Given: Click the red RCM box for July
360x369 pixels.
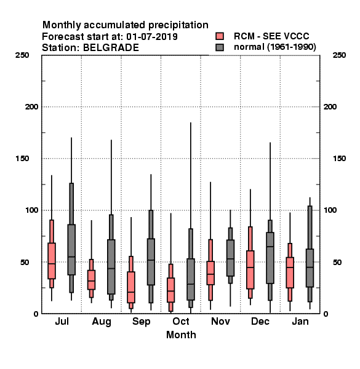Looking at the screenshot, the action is click(x=52, y=261).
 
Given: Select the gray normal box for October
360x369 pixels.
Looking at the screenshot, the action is click(x=191, y=279).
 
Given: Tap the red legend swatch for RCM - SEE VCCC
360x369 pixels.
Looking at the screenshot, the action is click(x=220, y=36).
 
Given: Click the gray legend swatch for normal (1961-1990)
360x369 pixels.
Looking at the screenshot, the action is click(x=220, y=47).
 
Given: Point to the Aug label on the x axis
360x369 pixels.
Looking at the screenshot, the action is click(x=102, y=322).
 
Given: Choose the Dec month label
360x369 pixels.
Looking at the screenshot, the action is click(x=260, y=321).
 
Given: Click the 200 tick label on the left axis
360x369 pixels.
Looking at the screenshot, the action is click(x=31, y=107).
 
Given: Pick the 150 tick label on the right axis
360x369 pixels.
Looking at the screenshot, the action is click(x=339, y=159).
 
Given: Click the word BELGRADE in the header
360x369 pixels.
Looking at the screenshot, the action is click(x=111, y=48).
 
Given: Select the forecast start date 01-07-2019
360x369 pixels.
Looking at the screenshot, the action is click(x=152, y=37).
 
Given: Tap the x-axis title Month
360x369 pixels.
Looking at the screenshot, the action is click(x=181, y=335).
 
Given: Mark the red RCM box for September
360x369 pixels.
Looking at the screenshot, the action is click(x=131, y=287).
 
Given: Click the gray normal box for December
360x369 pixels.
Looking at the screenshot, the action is click(x=270, y=258).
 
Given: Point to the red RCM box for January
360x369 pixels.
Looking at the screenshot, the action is click(x=290, y=272).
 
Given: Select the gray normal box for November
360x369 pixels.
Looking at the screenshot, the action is click(x=230, y=258).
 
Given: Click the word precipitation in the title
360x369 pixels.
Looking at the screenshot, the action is click(x=178, y=25).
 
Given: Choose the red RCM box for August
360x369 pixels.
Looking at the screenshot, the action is click(x=91, y=280).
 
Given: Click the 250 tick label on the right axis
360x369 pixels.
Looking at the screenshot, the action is click(x=339, y=55).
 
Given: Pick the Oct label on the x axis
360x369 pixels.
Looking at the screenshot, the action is click(x=181, y=321).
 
